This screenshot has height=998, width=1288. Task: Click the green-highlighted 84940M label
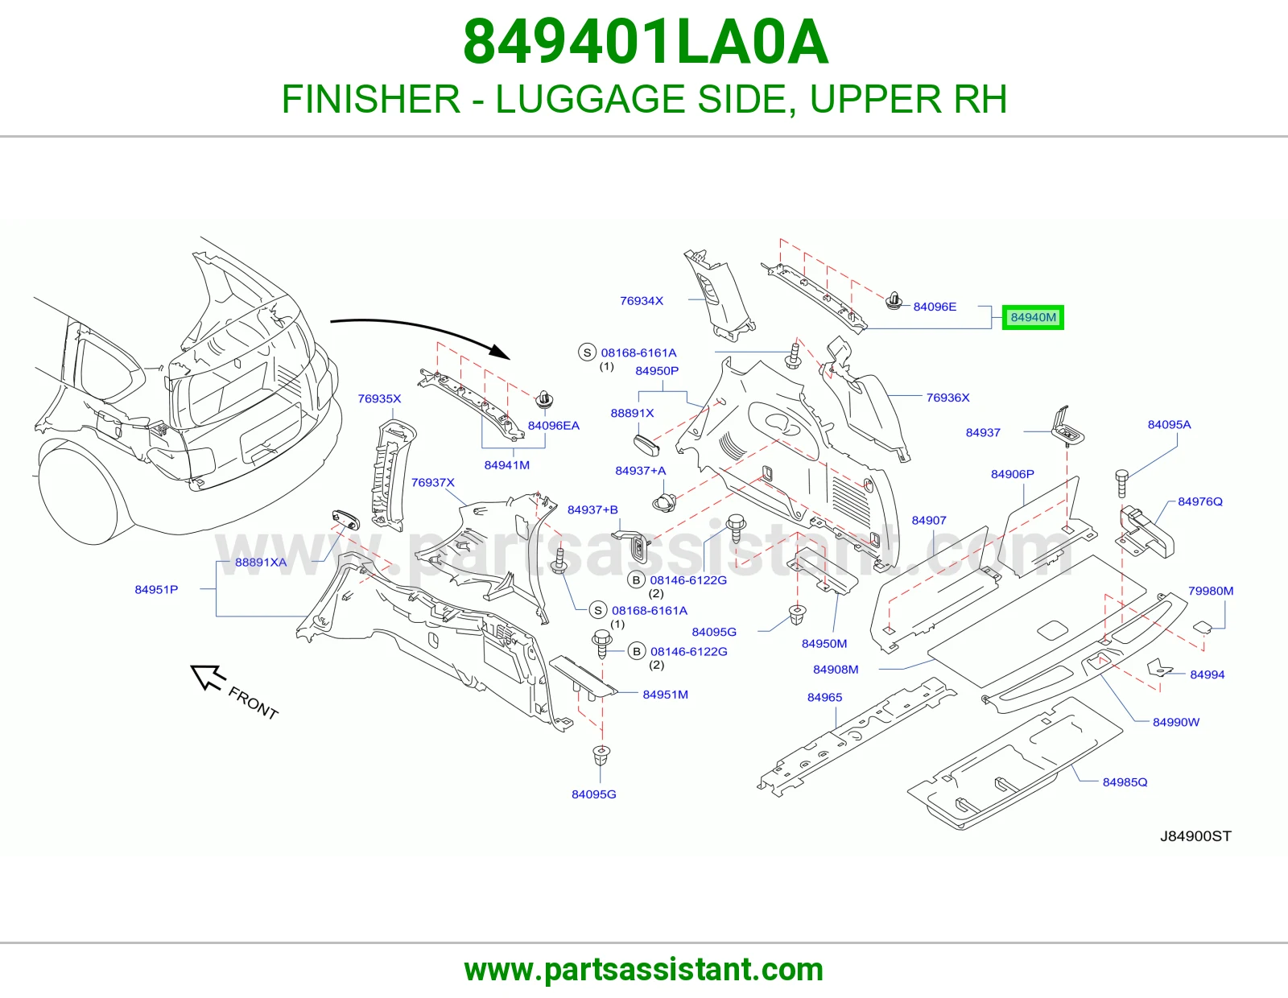point(1033,317)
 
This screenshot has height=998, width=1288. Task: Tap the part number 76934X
point(642,301)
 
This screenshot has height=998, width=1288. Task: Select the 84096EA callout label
point(554,426)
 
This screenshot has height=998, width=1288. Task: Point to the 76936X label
point(947,398)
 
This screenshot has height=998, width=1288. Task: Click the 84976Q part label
point(1200,501)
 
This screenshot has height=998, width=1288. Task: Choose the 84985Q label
point(1125,781)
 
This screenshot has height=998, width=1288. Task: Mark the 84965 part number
point(824,697)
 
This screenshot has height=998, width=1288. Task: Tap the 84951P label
point(156,589)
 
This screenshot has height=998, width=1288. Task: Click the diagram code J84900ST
point(1195,835)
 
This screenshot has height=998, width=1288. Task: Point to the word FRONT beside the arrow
point(253,703)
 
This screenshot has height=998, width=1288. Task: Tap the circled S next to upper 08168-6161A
point(587,353)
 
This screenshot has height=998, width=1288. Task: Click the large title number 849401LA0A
point(645,42)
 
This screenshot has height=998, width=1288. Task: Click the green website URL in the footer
point(644,970)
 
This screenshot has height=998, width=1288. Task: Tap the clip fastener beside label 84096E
point(894,301)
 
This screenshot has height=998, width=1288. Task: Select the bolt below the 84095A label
point(1122,483)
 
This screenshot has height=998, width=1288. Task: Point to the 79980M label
point(1211,591)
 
